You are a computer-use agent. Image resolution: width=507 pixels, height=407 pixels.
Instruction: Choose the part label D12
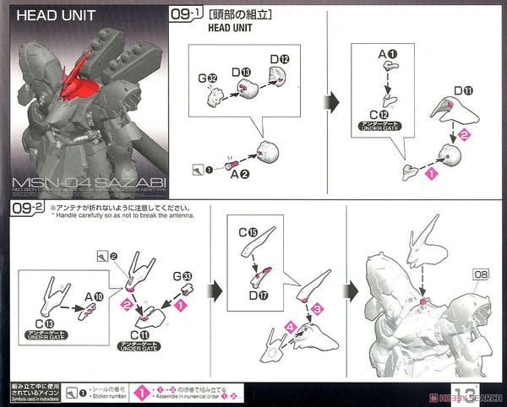coord(280,58)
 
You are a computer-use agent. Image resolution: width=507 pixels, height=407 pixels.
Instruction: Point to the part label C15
coord(248,231)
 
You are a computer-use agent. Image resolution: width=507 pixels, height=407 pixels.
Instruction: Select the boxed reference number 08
coord(481,274)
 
